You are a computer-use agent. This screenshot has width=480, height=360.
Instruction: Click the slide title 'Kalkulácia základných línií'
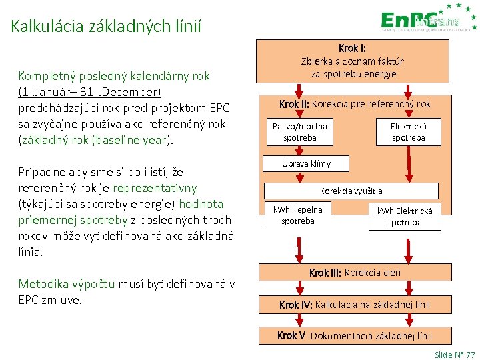click(x=106, y=27)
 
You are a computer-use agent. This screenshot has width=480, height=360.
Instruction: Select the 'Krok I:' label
click(x=352, y=48)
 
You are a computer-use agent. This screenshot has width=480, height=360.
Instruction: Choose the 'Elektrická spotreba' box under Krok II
click(x=408, y=131)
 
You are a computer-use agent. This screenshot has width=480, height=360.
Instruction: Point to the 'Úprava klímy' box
click(x=305, y=164)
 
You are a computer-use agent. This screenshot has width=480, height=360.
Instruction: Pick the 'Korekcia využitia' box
click(x=352, y=191)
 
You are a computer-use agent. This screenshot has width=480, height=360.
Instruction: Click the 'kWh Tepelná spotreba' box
click(x=298, y=215)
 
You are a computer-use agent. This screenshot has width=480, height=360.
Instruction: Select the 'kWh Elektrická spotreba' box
click(x=405, y=216)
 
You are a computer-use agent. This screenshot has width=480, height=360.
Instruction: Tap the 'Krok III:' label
click(x=325, y=273)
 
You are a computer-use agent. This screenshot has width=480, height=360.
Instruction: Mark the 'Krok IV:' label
click(x=296, y=305)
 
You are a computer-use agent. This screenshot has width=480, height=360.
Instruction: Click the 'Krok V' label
click(x=292, y=335)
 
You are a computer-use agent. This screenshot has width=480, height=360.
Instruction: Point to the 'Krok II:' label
click(x=294, y=104)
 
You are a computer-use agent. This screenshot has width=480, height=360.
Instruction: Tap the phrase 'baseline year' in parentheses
click(x=139, y=140)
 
